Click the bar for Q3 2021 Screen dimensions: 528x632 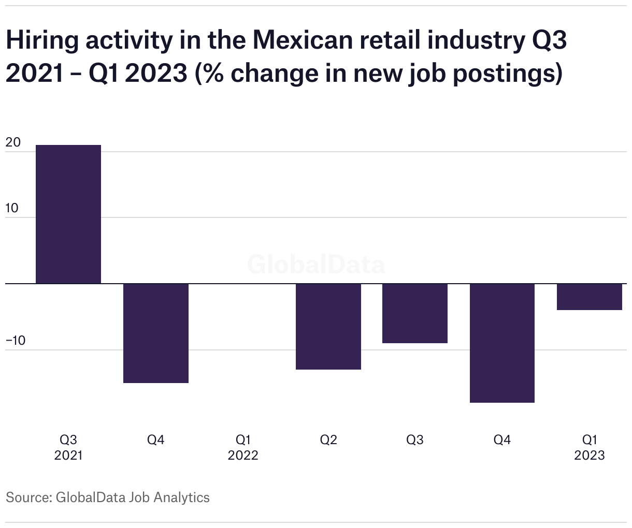(x=68, y=214)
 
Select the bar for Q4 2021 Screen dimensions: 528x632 (x=155, y=333)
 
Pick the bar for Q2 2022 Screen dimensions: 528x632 (x=328, y=326)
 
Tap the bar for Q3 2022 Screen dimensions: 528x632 (x=414, y=313)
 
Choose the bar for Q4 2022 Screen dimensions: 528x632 (x=501, y=343)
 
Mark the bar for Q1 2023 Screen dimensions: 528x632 (x=589, y=297)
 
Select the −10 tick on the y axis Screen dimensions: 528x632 (x=16, y=341)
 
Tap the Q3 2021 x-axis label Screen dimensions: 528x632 (x=68, y=447)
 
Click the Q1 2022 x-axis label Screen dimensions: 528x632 (x=243, y=447)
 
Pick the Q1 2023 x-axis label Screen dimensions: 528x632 (x=589, y=447)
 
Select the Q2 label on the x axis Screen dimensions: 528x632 (x=328, y=440)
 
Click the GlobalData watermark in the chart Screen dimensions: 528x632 (x=316, y=265)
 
